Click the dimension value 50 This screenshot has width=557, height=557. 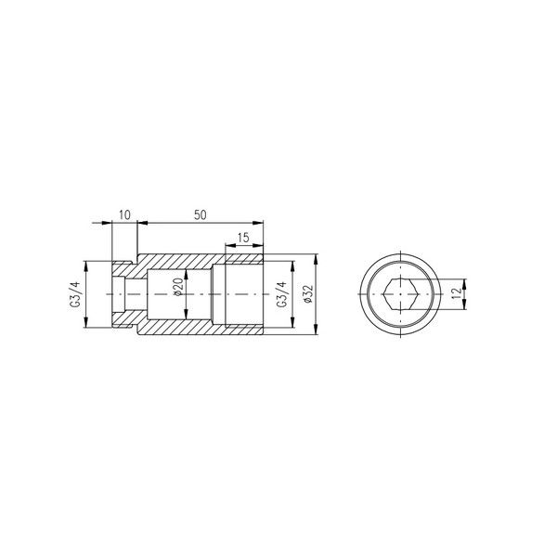pyautogui.click(x=200, y=214)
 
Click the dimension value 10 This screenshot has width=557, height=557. pyautogui.click(x=125, y=214)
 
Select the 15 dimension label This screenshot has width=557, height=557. pyautogui.click(x=243, y=238)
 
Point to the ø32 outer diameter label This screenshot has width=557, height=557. pyautogui.click(x=307, y=294)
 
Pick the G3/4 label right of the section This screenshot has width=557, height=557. pyautogui.click(x=281, y=293)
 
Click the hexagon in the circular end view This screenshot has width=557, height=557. pyautogui.click(x=400, y=294)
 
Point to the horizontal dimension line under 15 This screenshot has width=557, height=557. pyautogui.click(x=243, y=246)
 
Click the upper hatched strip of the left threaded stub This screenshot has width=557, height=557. pyautogui.click(x=124, y=269)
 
